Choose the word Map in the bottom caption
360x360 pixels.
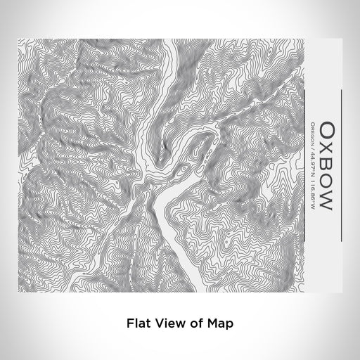219,324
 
